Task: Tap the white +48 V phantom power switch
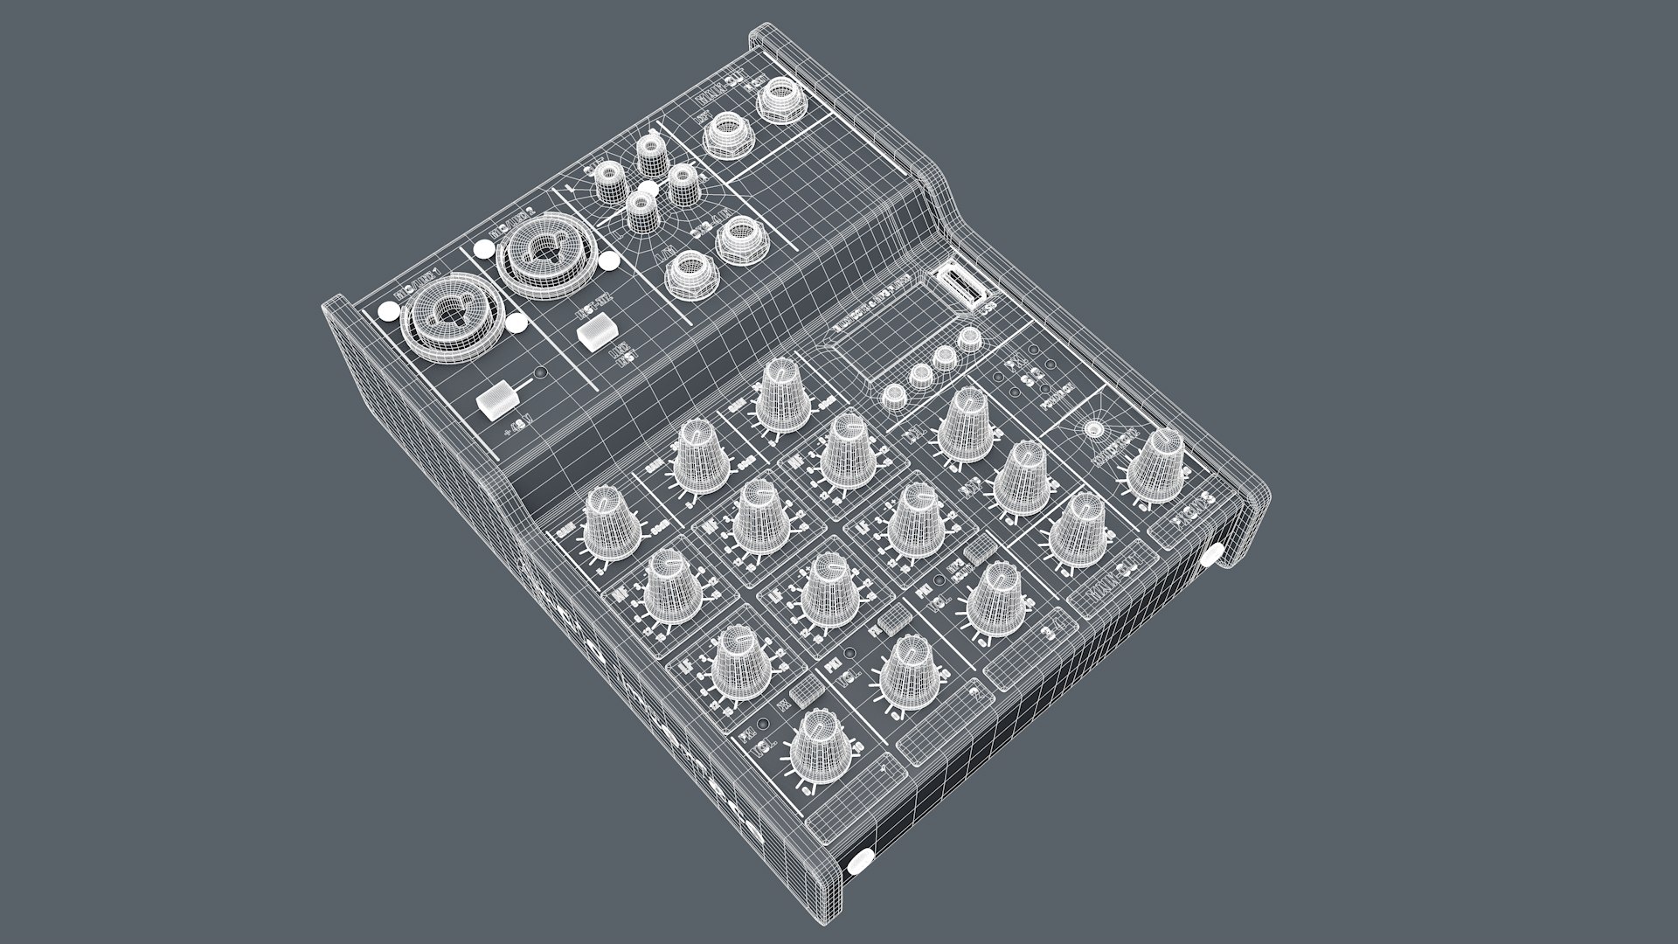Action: pos(499,400)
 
